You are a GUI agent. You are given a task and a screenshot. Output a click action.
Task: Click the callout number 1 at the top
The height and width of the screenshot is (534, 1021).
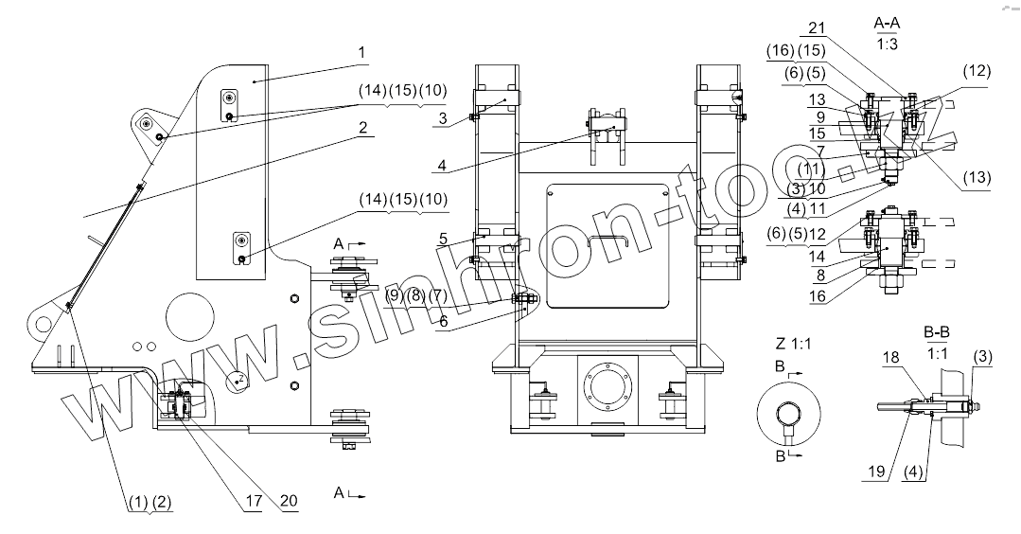[x=361, y=52]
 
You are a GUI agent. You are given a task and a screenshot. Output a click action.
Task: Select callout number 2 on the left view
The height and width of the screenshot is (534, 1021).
[x=361, y=133]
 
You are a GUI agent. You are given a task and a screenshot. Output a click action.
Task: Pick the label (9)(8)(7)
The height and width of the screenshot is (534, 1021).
[x=415, y=297]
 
